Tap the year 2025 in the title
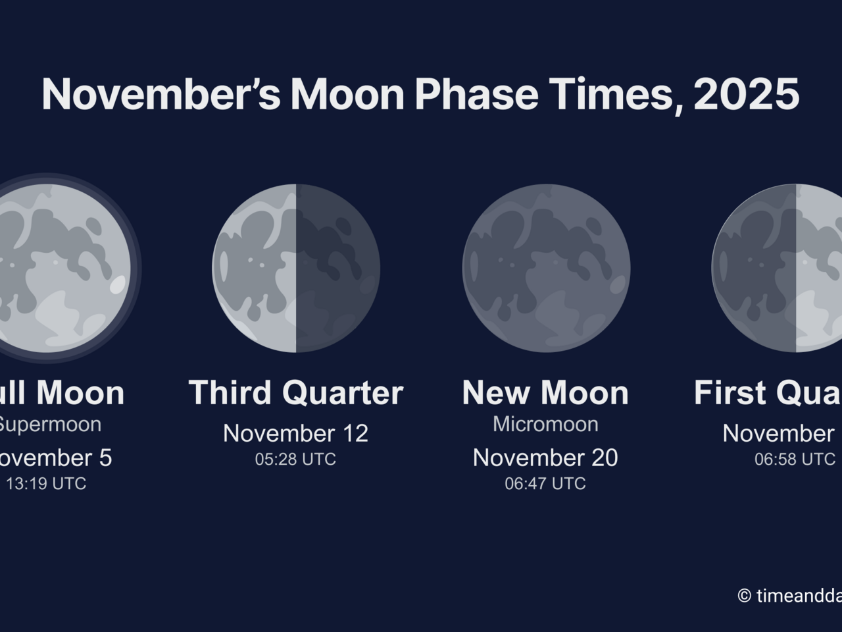tap(746, 94)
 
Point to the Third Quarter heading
tap(295, 393)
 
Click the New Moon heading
tap(545, 393)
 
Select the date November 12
tap(295, 433)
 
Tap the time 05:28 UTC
tap(295, 459)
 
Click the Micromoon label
tap(545, 424)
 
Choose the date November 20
tap(545, 458)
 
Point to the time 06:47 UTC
tap(545, 483)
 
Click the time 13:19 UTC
tap(46, 483)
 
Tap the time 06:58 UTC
tap(795, 459)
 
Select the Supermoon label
tap(49, 424)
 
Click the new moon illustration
tap(546, 268)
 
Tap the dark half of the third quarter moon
tap(337, 268)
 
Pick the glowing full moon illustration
tap(59, 268)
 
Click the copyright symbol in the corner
tap(744, 596)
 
